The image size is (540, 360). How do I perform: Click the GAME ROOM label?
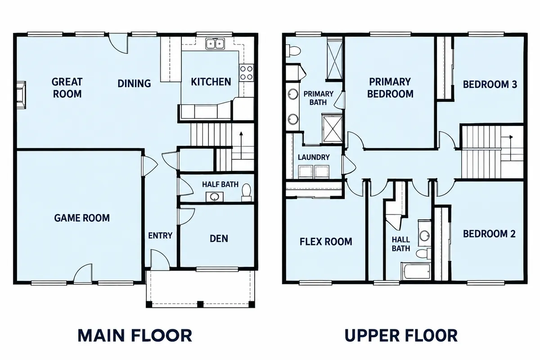pyautogui.click(x=82, y=218)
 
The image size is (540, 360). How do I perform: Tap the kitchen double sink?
pyautogui.click(x=215, y=44)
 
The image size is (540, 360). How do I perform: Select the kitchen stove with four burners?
pyautogui.click(x=247, y=73)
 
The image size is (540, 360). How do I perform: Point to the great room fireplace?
pyautogui.click(x=21, y=95)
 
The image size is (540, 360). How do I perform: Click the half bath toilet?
pyautogui.click(x=247, y=193)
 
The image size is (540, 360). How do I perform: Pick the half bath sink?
pyautogui.click(x=214, y=197)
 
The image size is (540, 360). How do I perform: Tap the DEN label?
pyautogui.click(x=219, y=238)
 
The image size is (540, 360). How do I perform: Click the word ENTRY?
pyautogui.click(x=160, y=235)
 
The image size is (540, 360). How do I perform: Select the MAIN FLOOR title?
pyautogui.click(x=135, y=335)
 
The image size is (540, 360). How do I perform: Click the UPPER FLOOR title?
pyautogui.click(x=401, y=335)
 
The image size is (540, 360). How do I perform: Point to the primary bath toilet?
pyautogui.click(x=293, y=51)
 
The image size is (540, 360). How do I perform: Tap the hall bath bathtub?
pyautogui.click(x=416, y=271)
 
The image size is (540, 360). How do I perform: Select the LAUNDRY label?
pyautogui.click(x=314, y=157)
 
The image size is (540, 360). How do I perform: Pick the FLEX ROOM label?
pyautogui.click(x=326, y=242)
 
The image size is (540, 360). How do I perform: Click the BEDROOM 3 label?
pyautogui.click(x=490, y=85)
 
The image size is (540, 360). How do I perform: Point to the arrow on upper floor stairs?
pyautogui.click(x=507, y=137)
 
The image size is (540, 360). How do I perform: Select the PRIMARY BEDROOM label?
pyautogui.click(x=390, y=88)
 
